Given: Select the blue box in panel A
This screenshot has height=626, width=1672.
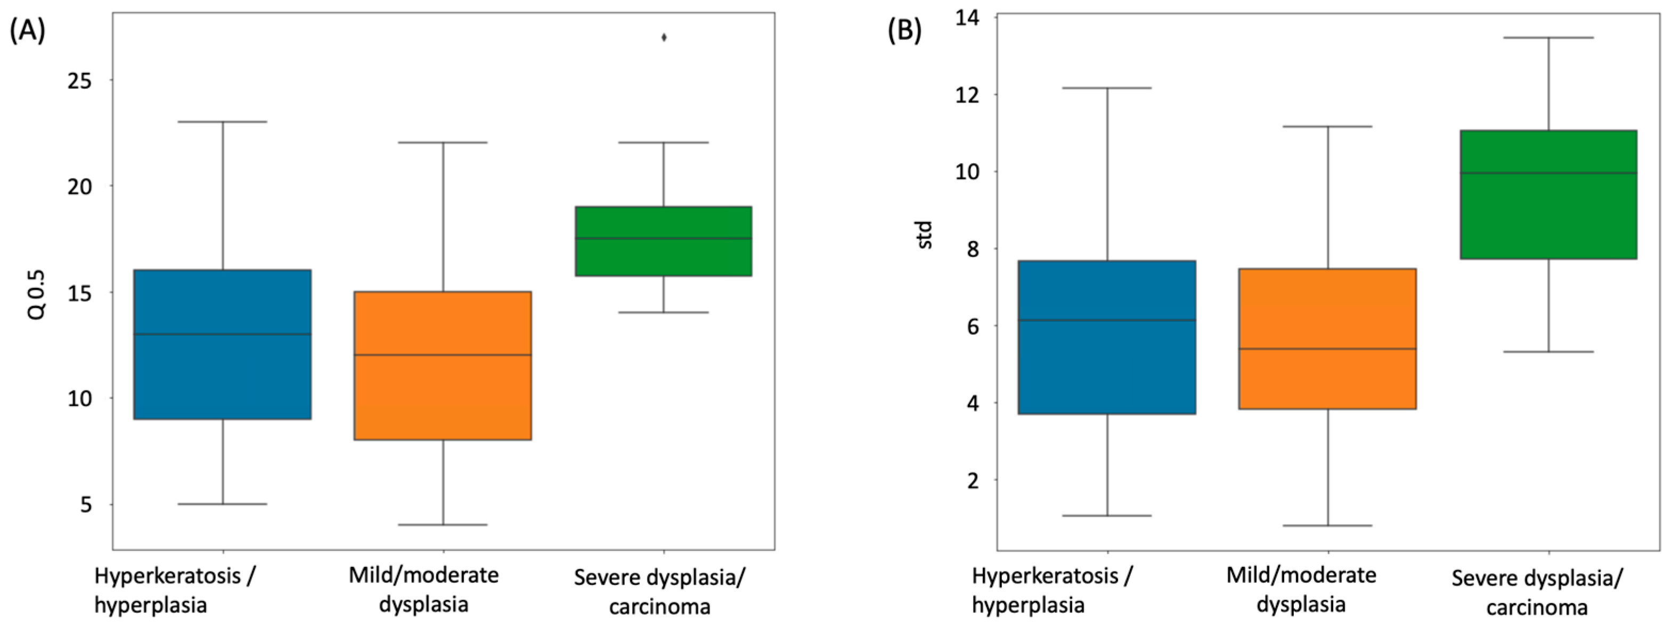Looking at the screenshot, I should click(x=223, y=344).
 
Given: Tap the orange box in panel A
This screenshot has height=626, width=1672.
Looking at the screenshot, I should click(x=443, y=366).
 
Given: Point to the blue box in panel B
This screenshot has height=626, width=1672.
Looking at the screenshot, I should click(x=1107, y=337).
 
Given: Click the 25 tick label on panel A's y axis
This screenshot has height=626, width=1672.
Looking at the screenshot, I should click(x=80, y=80).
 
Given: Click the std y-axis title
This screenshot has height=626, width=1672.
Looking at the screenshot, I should click(x=925, y=235).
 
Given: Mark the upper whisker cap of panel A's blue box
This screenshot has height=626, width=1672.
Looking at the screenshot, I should click(x=223, y=121).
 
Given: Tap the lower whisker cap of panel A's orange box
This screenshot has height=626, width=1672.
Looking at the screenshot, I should click(x=443, y=525).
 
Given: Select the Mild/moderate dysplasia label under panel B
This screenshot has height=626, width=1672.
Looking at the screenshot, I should click(x=1301, y=589).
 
